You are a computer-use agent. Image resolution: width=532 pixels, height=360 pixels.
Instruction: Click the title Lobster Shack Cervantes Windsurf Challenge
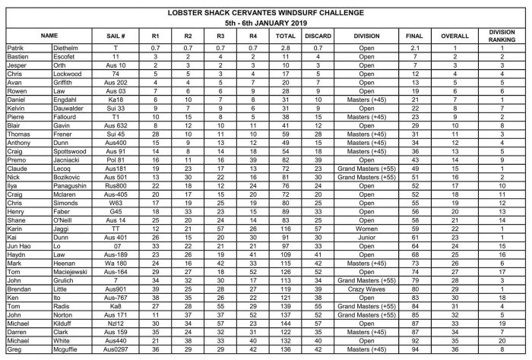266,13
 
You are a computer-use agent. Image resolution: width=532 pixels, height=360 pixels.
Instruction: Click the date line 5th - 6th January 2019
266,23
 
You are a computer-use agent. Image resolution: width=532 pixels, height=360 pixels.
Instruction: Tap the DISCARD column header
318,35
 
